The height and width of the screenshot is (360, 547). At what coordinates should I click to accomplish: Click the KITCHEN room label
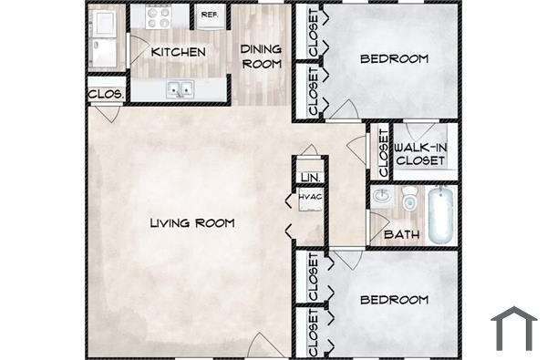click(x=178, y=53)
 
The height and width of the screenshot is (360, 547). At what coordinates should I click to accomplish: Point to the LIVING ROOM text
click(x=192, y=223)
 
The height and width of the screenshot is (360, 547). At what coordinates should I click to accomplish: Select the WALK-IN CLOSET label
click(x=420, y=153)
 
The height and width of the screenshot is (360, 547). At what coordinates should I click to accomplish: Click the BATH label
click(x=401, y=235)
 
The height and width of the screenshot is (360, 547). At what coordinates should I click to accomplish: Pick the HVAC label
click(x=309, y=196)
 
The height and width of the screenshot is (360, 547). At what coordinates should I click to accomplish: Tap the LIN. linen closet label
click(x=309, y=177)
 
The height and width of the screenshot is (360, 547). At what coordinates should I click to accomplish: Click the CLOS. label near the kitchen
click(x=105, y=93)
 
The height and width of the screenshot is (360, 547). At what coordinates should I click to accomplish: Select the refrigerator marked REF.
click(x=209, y=15)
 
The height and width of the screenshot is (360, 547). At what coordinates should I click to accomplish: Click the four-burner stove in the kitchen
click(x=160, y=15)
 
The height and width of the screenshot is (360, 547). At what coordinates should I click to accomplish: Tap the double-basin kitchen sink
click(x=180, y=89)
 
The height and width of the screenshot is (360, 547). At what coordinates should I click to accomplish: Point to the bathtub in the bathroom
click(x=440, y=214)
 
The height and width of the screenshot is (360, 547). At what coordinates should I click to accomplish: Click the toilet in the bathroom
click(x=409, y=198)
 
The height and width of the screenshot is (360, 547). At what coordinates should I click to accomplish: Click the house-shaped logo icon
click(x=513, y=328)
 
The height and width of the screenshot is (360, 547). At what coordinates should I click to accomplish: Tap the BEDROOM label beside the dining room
click(x=394, y=59)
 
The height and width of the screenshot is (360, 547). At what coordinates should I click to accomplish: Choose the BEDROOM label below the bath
click(x=394, y=300)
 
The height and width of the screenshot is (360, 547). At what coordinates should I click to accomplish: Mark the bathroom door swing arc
click(x=346, y=257)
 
